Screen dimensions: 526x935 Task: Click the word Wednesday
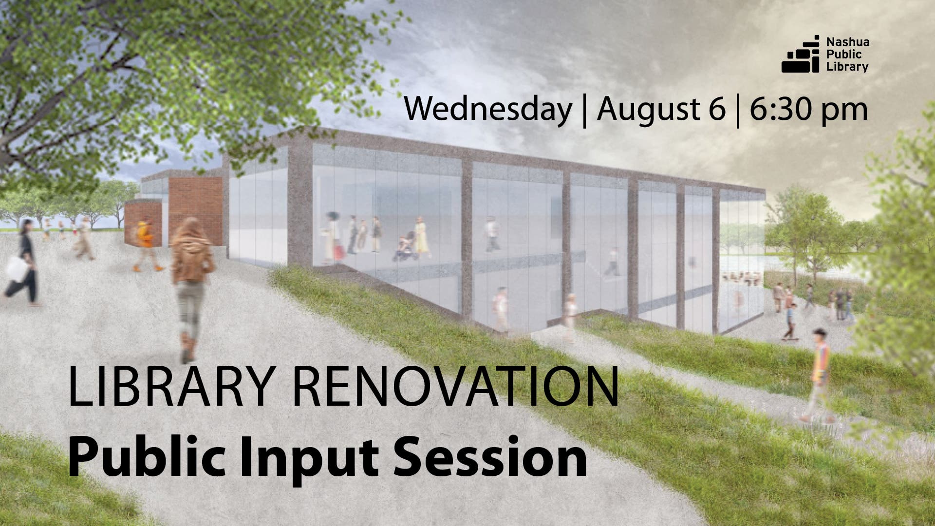tap(488, 109)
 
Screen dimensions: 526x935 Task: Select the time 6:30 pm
tap(808, 109)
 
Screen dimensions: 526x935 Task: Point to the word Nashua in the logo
tap(847, 42)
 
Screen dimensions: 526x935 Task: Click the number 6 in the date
tap(716, 109)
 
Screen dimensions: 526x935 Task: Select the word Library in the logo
tap(847, 67)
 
